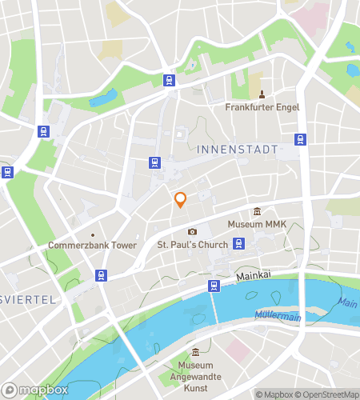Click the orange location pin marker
(180, 200)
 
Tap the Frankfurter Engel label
(262, 106)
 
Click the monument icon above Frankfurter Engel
(262, 94)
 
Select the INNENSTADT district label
(237, 150)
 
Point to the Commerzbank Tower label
(92, 245)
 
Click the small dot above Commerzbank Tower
(92, 234)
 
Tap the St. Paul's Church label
(192, 245)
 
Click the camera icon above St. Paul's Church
(192, 232)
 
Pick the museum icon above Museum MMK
(257, 211)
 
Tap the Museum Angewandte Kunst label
(196, 378)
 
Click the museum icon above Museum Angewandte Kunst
(196, 354)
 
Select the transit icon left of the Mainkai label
(214, 286)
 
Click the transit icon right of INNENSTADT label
(301, 139)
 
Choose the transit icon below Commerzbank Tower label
(101, 276)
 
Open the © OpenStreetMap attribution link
(328, 394)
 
